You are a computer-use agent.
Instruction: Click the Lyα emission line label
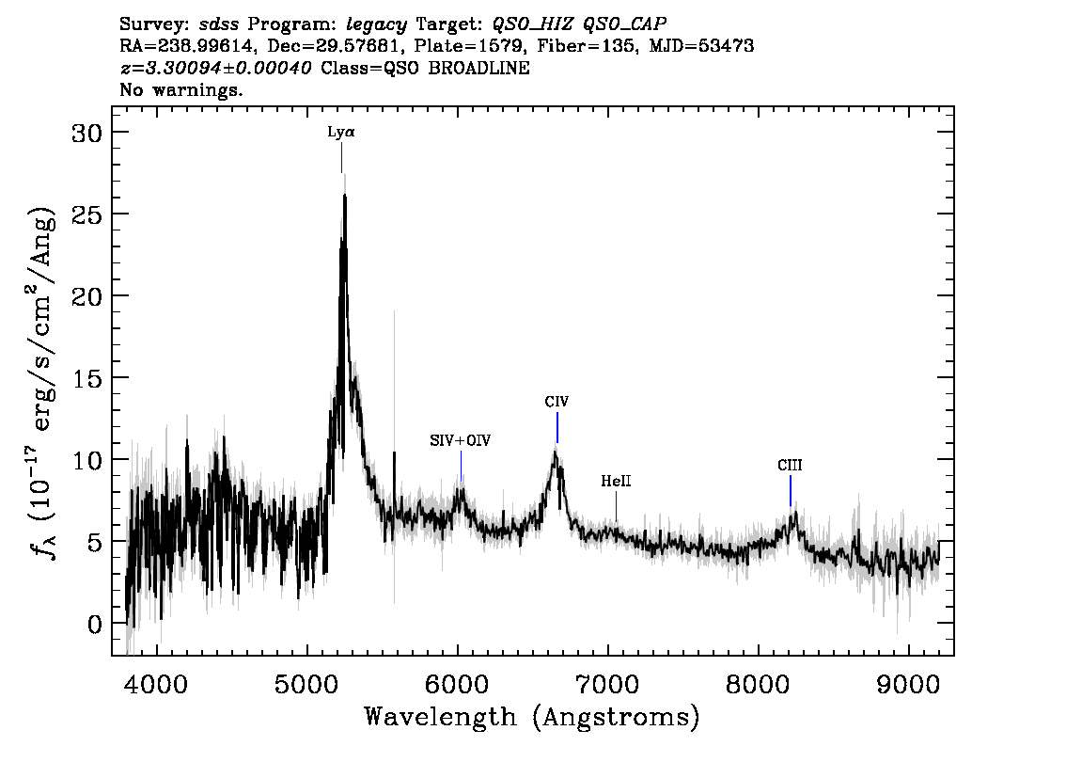click(x=341, y=132)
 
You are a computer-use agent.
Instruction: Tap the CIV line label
click(x=557, y=402)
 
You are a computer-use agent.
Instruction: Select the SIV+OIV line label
click(x=461, y=440)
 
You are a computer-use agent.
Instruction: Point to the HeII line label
click(x=616, y=481)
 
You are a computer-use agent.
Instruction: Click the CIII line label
click(x=790, y=466)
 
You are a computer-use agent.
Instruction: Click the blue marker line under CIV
click(x=557, y=427)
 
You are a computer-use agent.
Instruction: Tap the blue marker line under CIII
click(x=790, y=490)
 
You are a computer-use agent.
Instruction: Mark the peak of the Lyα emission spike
click(x=345, y=196)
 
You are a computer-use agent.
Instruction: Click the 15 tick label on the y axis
click(x=87, y=378)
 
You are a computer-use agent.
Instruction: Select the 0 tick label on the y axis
click(x=95, y=624)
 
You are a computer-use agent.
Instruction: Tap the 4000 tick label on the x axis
click(x=157, y=684)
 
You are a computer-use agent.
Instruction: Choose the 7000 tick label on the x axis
click(x=608, y=684)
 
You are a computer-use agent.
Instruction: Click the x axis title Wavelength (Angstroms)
click(x=532, y=717)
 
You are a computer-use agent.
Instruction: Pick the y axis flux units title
click(x=42, y=381)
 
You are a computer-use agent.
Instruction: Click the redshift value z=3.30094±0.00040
click(x=215, y=68)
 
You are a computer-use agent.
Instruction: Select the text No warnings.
click(x=180, y=89)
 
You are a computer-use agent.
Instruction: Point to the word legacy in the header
click(x=377, y=25)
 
